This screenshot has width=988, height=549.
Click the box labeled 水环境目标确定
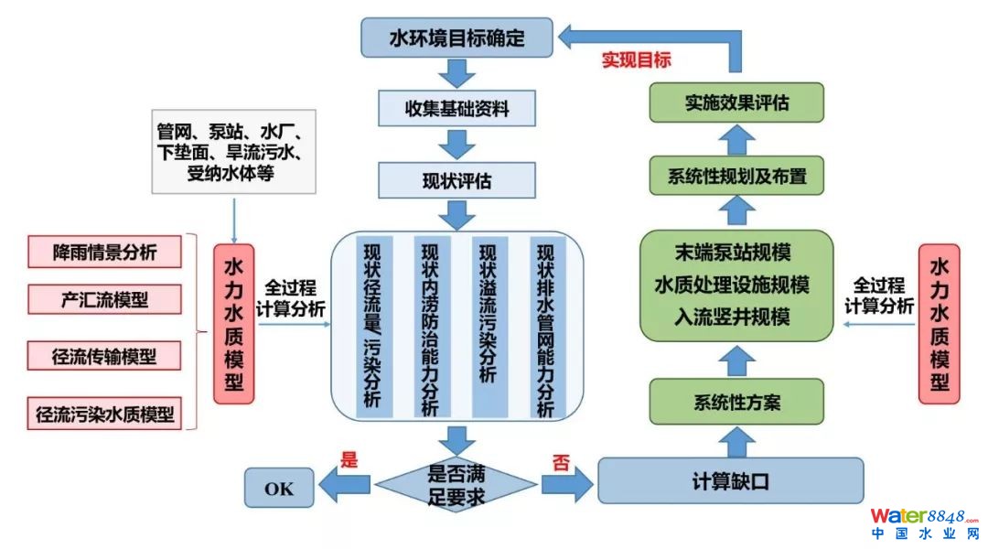click(457, 38)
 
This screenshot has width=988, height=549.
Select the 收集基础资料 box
click(457, 108)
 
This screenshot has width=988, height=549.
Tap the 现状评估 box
click(457, 180)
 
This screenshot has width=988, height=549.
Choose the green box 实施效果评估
click(736, 102)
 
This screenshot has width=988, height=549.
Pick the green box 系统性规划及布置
click(736, 175)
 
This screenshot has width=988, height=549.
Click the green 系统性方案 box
click(736, 402)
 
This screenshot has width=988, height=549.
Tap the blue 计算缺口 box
click(730, 480)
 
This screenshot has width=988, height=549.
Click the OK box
click(279, 488)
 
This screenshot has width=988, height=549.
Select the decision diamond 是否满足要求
click(457, 485)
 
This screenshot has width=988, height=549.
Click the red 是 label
click(349, 460)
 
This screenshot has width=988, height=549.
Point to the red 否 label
click(560, 461)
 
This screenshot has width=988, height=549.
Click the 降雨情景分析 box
click(104, 253)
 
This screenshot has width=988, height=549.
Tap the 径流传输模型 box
click(104, 356)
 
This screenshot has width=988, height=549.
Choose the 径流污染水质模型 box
click(104, 413)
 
